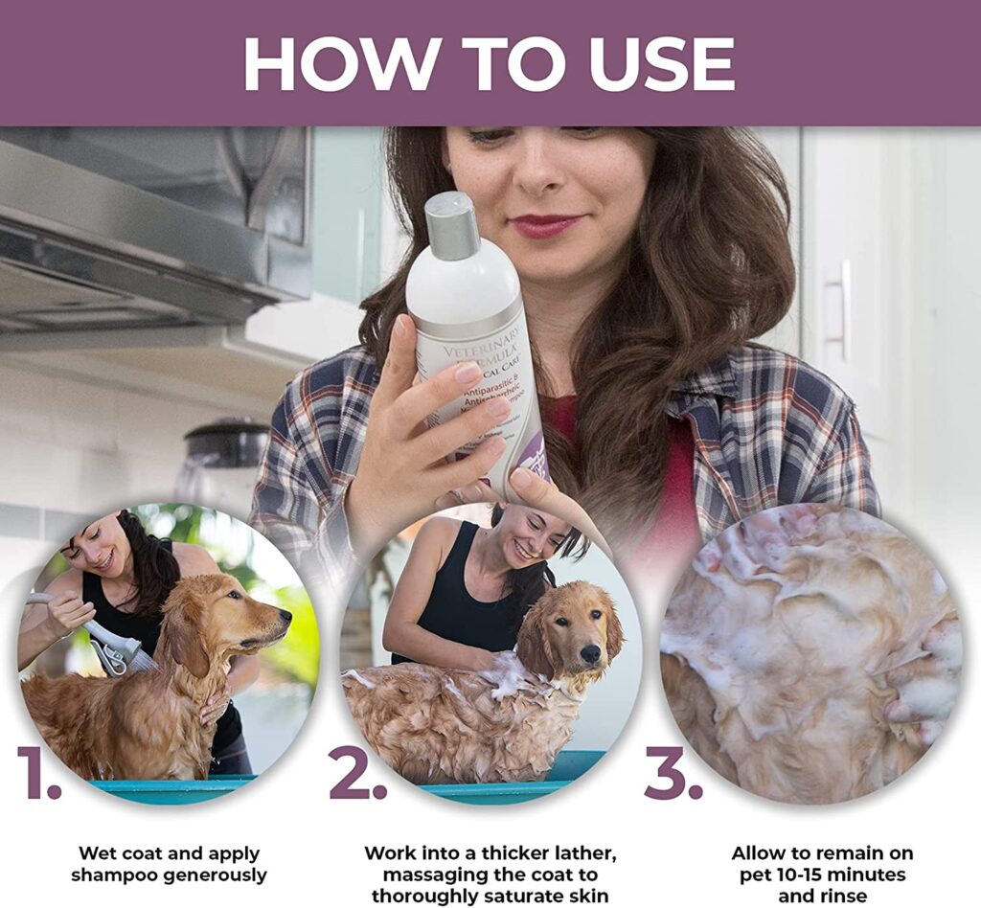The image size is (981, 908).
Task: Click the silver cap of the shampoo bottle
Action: click(452, 227)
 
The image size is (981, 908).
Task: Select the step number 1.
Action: click(38, 774)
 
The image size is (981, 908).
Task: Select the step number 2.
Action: click(357, 774)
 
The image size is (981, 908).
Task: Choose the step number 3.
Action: click(673, 774)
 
